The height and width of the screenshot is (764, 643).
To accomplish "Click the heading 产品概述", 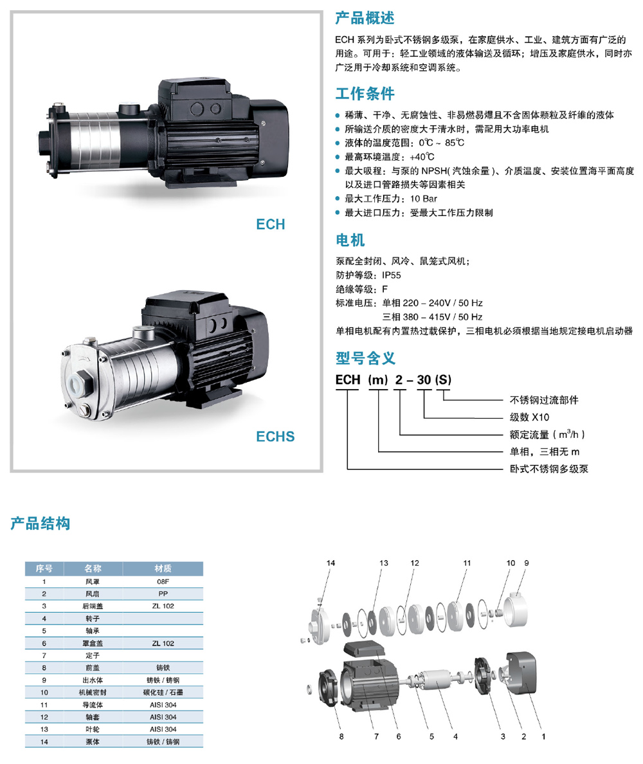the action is [365, 18].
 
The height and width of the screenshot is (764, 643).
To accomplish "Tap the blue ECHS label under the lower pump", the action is [275, 436].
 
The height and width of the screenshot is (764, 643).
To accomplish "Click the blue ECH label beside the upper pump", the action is [270, 224].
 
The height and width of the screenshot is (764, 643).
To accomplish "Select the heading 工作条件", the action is [365, 93].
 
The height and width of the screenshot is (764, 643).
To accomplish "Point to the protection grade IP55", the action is [391, 275].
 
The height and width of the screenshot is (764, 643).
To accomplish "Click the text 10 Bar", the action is [423, 199].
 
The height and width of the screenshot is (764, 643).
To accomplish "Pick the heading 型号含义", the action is [365, 358].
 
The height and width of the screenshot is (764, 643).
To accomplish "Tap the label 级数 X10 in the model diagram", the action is [529, 417].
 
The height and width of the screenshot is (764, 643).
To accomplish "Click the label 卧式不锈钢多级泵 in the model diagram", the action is [548, 469].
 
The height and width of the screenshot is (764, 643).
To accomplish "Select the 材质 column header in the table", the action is [163, 568].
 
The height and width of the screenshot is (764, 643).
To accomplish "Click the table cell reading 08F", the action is [163, 581].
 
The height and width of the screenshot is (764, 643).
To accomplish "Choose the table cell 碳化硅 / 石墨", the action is [163, 693].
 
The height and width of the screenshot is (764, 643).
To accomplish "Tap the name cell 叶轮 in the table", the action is [93, 729].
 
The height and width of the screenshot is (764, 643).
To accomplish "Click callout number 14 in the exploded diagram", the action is [331, 563].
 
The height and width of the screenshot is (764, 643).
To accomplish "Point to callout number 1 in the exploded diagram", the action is [543, 737].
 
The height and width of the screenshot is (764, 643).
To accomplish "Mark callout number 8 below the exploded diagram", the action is [341, 737].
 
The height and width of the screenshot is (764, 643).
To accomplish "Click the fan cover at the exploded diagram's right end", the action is [521, 673].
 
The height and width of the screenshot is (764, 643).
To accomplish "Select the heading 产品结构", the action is [41, 523].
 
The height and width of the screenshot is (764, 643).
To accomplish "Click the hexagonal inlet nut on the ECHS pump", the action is [81, 382].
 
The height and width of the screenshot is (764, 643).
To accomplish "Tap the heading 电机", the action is [350, 241].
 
